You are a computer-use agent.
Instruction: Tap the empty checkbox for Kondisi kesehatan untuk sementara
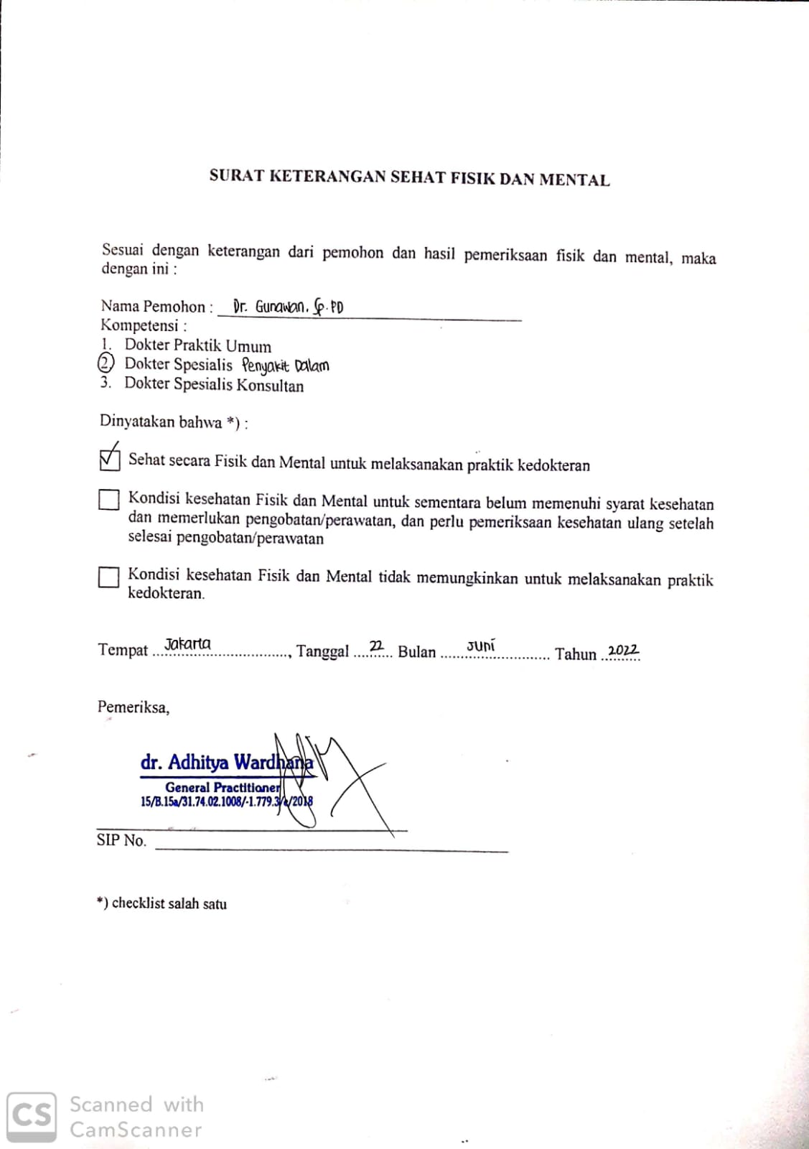108,500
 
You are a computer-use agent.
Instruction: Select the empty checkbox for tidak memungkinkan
108,577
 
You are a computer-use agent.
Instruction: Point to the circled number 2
106,363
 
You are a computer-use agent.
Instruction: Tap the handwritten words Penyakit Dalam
285,366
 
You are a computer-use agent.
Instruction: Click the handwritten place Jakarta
187,643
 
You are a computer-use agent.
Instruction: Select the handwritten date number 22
376,646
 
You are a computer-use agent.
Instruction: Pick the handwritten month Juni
480,646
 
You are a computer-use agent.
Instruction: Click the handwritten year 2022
622,651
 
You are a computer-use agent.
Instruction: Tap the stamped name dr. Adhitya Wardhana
226,763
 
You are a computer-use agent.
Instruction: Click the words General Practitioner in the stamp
223,787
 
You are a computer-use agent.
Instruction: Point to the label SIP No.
121,840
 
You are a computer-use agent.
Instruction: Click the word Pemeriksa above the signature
133,707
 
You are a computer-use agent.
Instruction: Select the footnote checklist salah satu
169,903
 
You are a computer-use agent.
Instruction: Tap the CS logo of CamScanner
32,1116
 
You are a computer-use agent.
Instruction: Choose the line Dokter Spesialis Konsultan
213,384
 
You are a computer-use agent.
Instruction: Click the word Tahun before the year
575,653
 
